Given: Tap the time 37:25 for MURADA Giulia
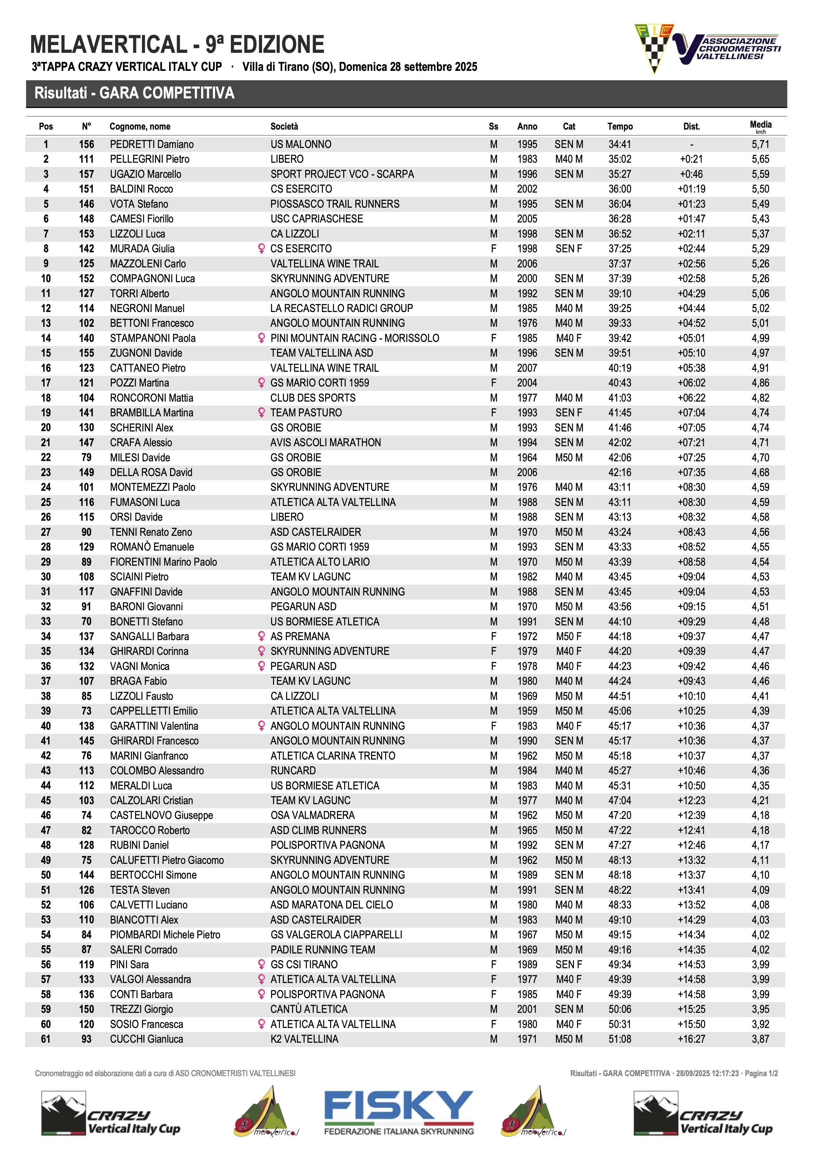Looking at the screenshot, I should tap(620, 249).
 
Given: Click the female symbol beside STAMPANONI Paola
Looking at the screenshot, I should tap(261, 338).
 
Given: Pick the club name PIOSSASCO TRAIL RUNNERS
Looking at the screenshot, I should tap(335, 204).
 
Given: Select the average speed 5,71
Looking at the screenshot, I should tap(760, 144).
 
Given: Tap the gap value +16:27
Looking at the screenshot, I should tap(691, 1039).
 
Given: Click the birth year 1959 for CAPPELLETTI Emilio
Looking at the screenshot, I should tap(527, 711).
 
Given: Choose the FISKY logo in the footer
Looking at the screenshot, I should tap(398, 1112).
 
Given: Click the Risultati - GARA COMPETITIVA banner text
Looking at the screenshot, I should tap(134, 93).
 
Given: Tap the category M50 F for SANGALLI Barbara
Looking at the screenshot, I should tap(568, 636).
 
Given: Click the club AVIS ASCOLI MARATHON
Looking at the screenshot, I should tap(326, 443).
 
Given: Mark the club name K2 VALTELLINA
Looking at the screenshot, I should tap(304, 1039).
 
